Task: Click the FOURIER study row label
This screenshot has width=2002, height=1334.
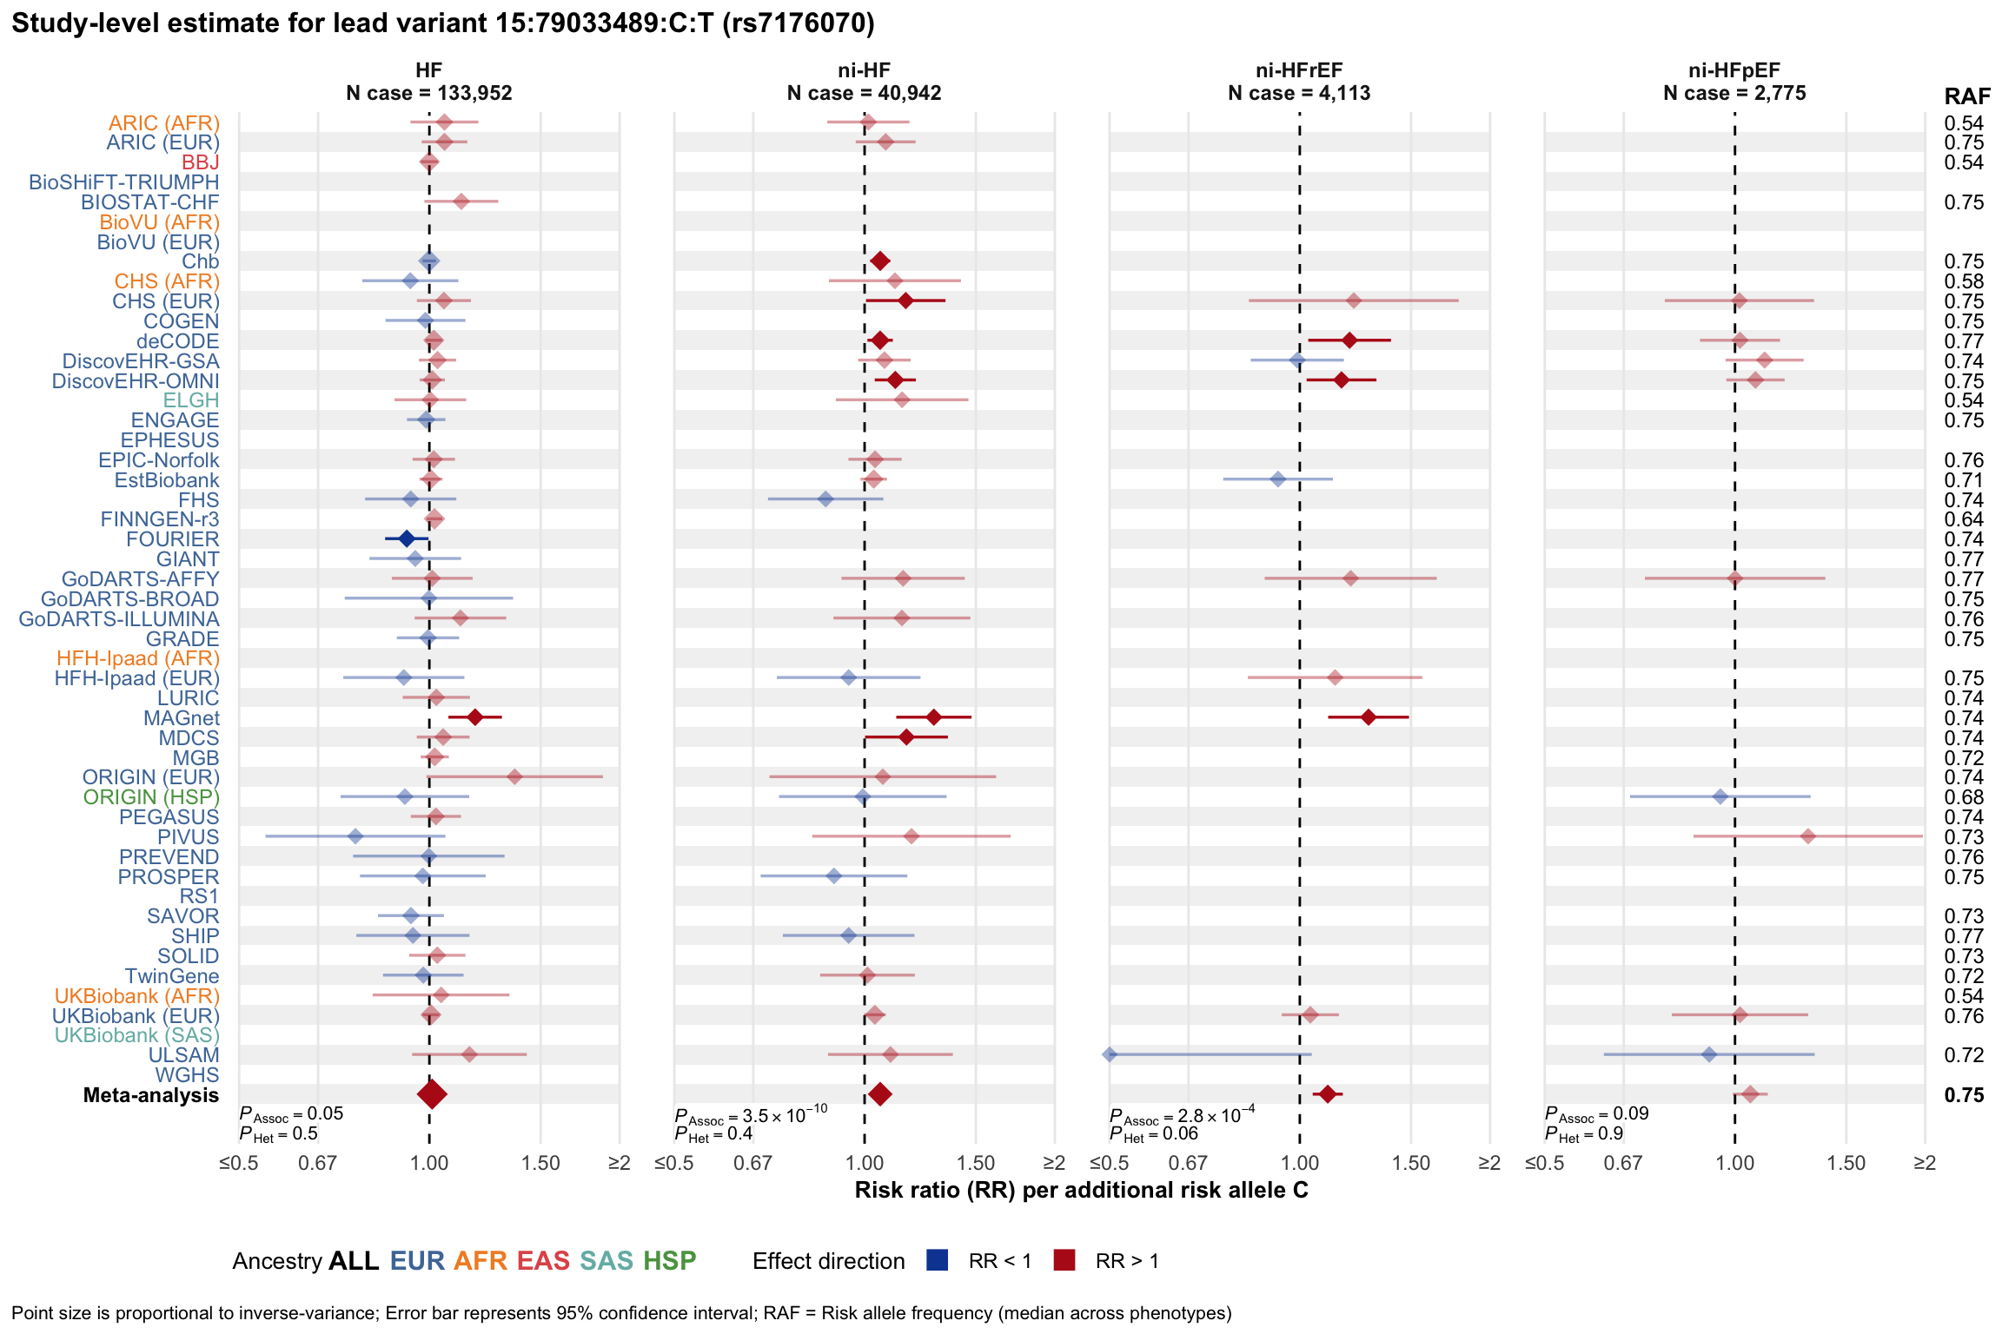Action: pyautogui.click(x=172, y=539)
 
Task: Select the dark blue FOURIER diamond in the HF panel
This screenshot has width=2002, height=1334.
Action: pyautogui.click(x=406, y=538)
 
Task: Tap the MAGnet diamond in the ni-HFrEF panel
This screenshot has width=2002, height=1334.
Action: pyautogui.click(x=1369, y=717)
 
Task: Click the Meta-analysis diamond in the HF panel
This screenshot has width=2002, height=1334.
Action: pyautogui.click(x=432, y=1094)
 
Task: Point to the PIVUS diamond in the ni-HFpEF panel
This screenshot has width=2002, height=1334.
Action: pyautogui.click(x=1808, y=836)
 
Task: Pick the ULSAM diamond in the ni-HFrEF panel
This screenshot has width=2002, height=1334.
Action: pyautogui.click(x=1110, y=1054)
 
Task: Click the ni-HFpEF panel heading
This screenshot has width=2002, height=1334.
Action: pyautogui.click(x=1734, y=82)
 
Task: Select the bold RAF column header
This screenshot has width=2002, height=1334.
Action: pyautogui.click(x=1967, y=96)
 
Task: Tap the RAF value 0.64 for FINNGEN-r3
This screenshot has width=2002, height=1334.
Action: pyautogui.click(x=1964, y=519)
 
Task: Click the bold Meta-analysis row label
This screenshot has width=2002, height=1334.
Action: pyautogui.click(x=151, y=1095)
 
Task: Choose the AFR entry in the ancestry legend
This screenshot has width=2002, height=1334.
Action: pyautogui.click(x=480, y=1261)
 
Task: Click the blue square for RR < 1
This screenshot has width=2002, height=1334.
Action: pyautogui.click(x=938, y=1260)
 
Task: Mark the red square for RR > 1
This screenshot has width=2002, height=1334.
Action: pyautogui.click(x=1064, y=1260)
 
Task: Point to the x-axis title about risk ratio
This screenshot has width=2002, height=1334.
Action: pyautogui.click(x=1081, y=1190)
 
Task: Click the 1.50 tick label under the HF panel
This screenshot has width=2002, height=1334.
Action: pyautogui.click(x=540, y=1164)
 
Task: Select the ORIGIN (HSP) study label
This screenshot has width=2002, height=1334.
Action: pyautogui.click(x=151, y=797)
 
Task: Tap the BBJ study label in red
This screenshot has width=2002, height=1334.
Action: pyautogui.click(x=200, y=162)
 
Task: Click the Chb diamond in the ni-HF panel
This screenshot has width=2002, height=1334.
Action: pyautogui.click(x=879, y=261)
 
